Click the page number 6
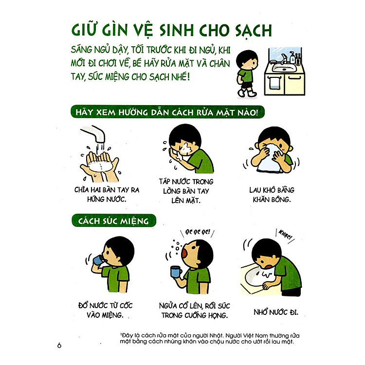(59, 346)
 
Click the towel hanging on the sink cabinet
(275, 84)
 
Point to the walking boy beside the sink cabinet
(245, 71)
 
